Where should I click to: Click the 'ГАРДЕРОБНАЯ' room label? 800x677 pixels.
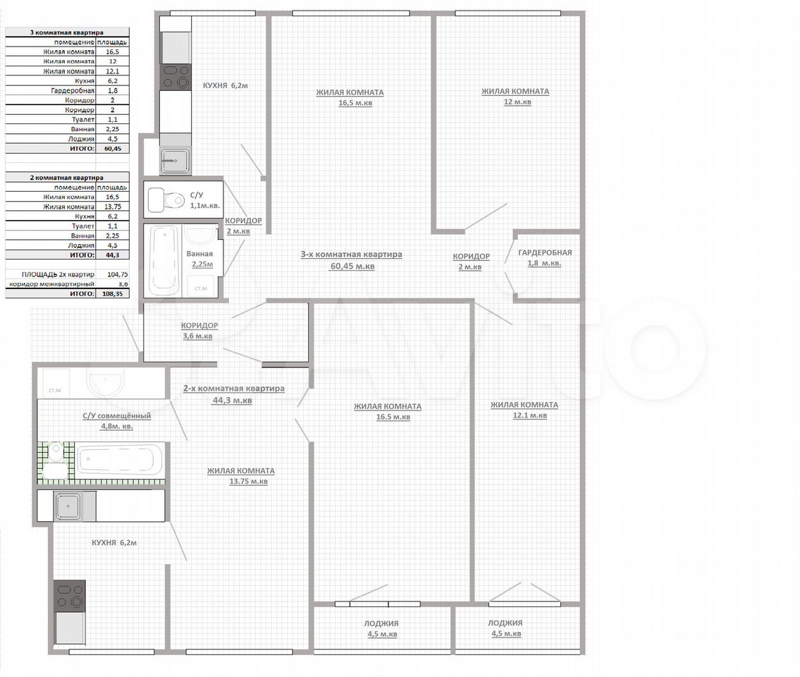click(x=545, y=252)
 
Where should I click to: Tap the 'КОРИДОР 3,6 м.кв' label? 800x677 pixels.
click(x=199, y=330)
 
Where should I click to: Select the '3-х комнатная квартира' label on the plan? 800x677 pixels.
click(x=352, y=255)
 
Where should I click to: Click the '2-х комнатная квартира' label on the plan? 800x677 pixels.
click(x=234, y=389)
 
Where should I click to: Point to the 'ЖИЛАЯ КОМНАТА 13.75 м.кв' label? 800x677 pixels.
click(x=241, y=476)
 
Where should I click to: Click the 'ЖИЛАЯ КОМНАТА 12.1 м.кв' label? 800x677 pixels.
click(x=524, y=410)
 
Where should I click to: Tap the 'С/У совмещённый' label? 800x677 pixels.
click(x=117, y=415)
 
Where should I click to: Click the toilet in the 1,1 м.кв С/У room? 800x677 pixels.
click(x=166, y=200)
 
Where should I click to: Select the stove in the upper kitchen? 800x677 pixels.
click(x=176, y=77)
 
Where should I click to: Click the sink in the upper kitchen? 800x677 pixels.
click(x=176, y=161)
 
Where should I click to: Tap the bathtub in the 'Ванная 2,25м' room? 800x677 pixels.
click(x=164, y=260)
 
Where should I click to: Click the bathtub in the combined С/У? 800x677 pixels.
click(x=119, y=459)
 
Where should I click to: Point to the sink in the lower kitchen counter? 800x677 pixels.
click(x=68, y=506)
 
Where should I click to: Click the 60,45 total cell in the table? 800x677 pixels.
click(x=113, y=149)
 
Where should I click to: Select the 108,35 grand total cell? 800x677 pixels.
click(x=113, y=293)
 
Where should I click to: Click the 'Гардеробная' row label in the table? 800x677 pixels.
click(x=73, y=90)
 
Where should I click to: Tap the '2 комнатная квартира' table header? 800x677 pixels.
click(x=67, y=178)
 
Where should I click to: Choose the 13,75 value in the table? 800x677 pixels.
click(x=113, y=207)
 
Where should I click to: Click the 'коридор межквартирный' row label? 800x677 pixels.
click(x=51, y=284)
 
